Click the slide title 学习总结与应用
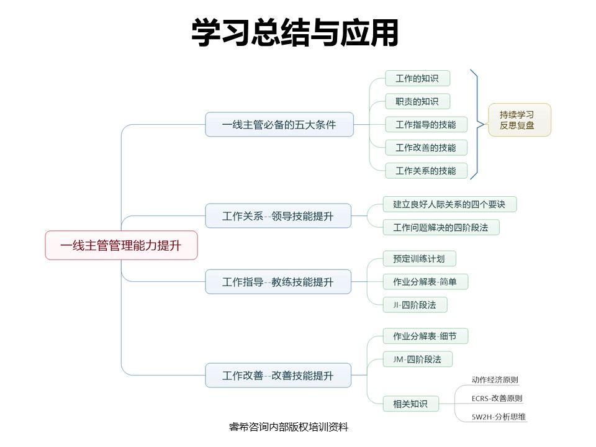pos(295,33)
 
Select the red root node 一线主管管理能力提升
pos(121,245)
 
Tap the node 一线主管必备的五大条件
pos(279,124)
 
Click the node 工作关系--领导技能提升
pos(278,216)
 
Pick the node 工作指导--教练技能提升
pos(278,282)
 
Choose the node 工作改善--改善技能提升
pos(278,375)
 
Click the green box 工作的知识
pos(418,78)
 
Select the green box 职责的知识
pos(418,101)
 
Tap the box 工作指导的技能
pos(426,125)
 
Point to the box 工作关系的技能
pos(426,171)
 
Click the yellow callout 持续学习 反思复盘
pos(520,120)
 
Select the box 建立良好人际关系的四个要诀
pos(449,204)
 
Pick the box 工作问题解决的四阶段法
pos(441,227)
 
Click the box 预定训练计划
pos(419,259)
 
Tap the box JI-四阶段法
pos(415,305)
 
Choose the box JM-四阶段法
pos(418,359)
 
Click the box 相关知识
pos(411,404)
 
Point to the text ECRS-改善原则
pos(497,399)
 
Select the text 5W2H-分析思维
pos(499,417)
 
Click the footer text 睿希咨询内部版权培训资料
pos(289,427)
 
